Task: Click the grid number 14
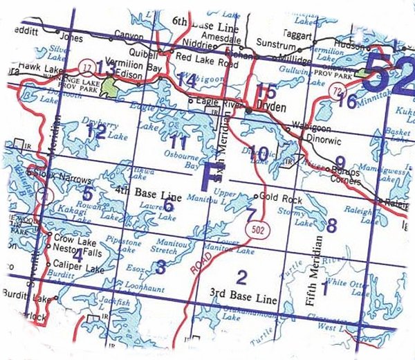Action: coord(187,80)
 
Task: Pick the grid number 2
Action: coord(241,278)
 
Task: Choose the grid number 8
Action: coord(331,225)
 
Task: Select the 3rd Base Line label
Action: coord(247,300)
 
